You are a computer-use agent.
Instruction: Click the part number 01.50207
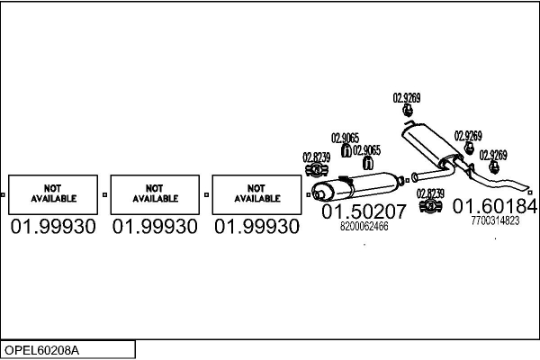click(364, 212)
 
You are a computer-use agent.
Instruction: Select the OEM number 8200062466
click(364, 227)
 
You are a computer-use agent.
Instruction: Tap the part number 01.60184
click(495, 207)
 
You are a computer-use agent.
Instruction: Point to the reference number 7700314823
click(495, 220)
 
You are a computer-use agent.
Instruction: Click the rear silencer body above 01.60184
click(429, 146)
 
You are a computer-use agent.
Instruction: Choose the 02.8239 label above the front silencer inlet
click(316, 157)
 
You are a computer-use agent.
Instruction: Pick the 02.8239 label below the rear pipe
click(430, 193)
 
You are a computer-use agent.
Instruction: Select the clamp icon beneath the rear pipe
click(430, 206)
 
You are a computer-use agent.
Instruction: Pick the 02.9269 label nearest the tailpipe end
click(493, 155)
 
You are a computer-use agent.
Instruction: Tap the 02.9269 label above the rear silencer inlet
click(407, 97)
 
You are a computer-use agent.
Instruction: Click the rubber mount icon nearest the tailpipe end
click(493, 167)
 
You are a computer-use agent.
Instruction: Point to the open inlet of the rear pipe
click(413, 176)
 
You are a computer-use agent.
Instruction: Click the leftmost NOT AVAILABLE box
click(54, 193)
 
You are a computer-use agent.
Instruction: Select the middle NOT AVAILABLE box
click(155, 193)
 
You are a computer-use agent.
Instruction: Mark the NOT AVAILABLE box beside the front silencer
click(256, 193)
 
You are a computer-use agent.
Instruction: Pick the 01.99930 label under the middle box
click(155, 227)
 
